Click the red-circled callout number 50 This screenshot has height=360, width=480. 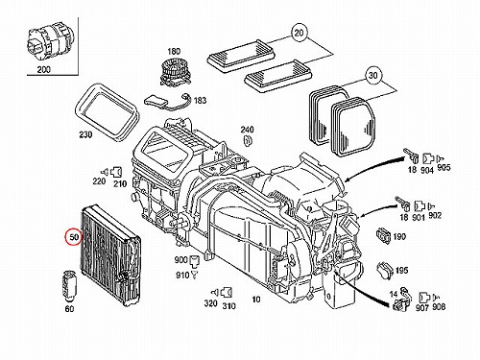coord(74,237)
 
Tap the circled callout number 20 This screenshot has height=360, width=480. coord(299,33)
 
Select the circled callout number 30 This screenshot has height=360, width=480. coord(372,76)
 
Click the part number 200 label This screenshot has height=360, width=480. coord(44,69)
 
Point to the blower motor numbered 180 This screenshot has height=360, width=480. coord(174,72)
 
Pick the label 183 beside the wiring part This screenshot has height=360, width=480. coord(200,101)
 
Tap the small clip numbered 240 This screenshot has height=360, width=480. coord(248,140)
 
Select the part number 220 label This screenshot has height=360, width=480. coord(99,181)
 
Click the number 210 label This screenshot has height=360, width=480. coord(120,183)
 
